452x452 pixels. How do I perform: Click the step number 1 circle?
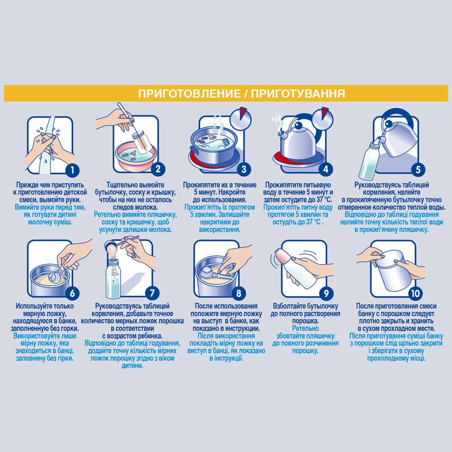coord(72,169)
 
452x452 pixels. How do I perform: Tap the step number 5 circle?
coord(418,169)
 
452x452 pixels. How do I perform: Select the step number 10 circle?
coord(415,293)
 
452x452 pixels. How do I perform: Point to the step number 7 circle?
coord(152,293)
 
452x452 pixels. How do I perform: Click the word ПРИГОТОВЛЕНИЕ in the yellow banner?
coord(189,94)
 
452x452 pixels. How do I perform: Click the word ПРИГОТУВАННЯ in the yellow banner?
coord(298,94)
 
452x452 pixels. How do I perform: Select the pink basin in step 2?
coord(136,157)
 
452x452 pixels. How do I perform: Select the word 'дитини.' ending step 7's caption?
coord(132,366)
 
